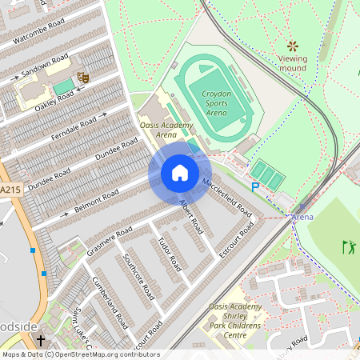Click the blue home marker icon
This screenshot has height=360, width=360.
(179, 173)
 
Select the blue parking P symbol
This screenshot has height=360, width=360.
(255, 187)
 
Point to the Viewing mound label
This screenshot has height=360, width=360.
(293, 63)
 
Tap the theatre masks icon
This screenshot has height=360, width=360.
(82, 78)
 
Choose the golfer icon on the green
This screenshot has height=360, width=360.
(347, 246)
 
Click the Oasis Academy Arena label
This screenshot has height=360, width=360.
(166, 130)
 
